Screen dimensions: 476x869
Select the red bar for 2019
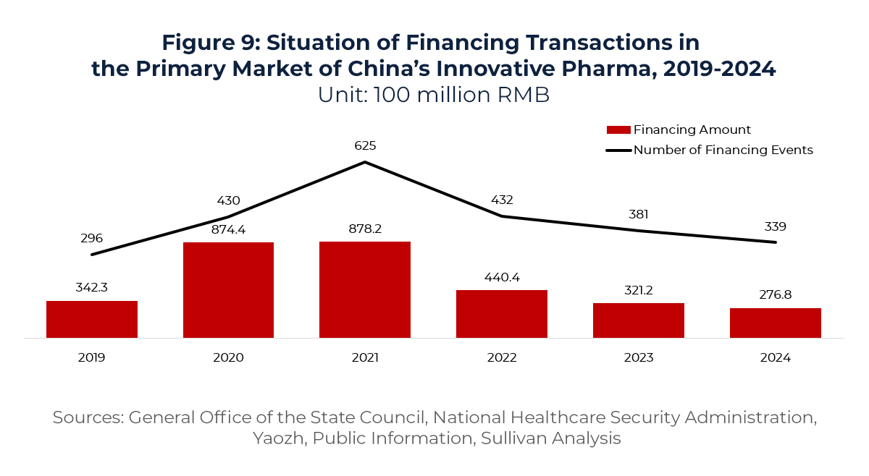pyautogui.click(x=92, y=319)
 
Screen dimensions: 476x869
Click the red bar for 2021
pyautogui.click(x=365, y=289)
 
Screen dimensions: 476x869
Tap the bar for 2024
pyautogui.click(x=775, y=323)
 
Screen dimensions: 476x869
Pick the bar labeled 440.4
pyautogui.click(x=501, y=314)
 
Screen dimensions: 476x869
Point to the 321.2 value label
pyautogui.click(x=638, y=289)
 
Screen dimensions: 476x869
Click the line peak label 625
pyautogui.click(x=365, y=146)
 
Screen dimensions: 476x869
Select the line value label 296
pyautogui.click(x=92, y=238)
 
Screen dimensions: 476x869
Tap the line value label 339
pyautogui.click(x=775, y=226)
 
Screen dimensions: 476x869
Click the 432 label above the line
pyautogui.click(x=501, y=200)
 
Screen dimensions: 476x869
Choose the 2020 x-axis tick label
pyautogui.click(x=228, y=357)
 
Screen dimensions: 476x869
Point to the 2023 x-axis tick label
pyautogui.click(x=638, y=357)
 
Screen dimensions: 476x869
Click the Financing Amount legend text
pyautogui.click(x=692, y=130)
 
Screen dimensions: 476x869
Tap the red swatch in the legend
pyautogui.click(x=618, y=130)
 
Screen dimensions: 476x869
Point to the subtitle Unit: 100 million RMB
pyautogui.click(x=433, y=95)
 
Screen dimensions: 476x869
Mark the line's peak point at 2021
pyautogui.click(x=365, y=162)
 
